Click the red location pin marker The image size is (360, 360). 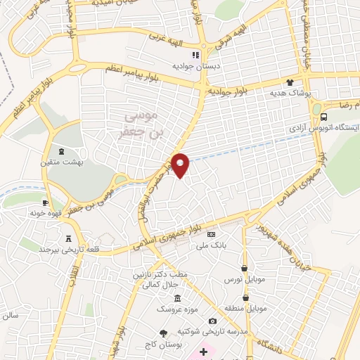pos(181,165)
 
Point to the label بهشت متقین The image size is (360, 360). pos(60,162)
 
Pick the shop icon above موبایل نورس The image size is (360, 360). pos(244,268)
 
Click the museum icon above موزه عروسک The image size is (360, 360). pos(177,297)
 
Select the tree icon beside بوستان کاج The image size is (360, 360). pos(164,333)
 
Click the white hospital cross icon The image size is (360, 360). pos(204,351)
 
